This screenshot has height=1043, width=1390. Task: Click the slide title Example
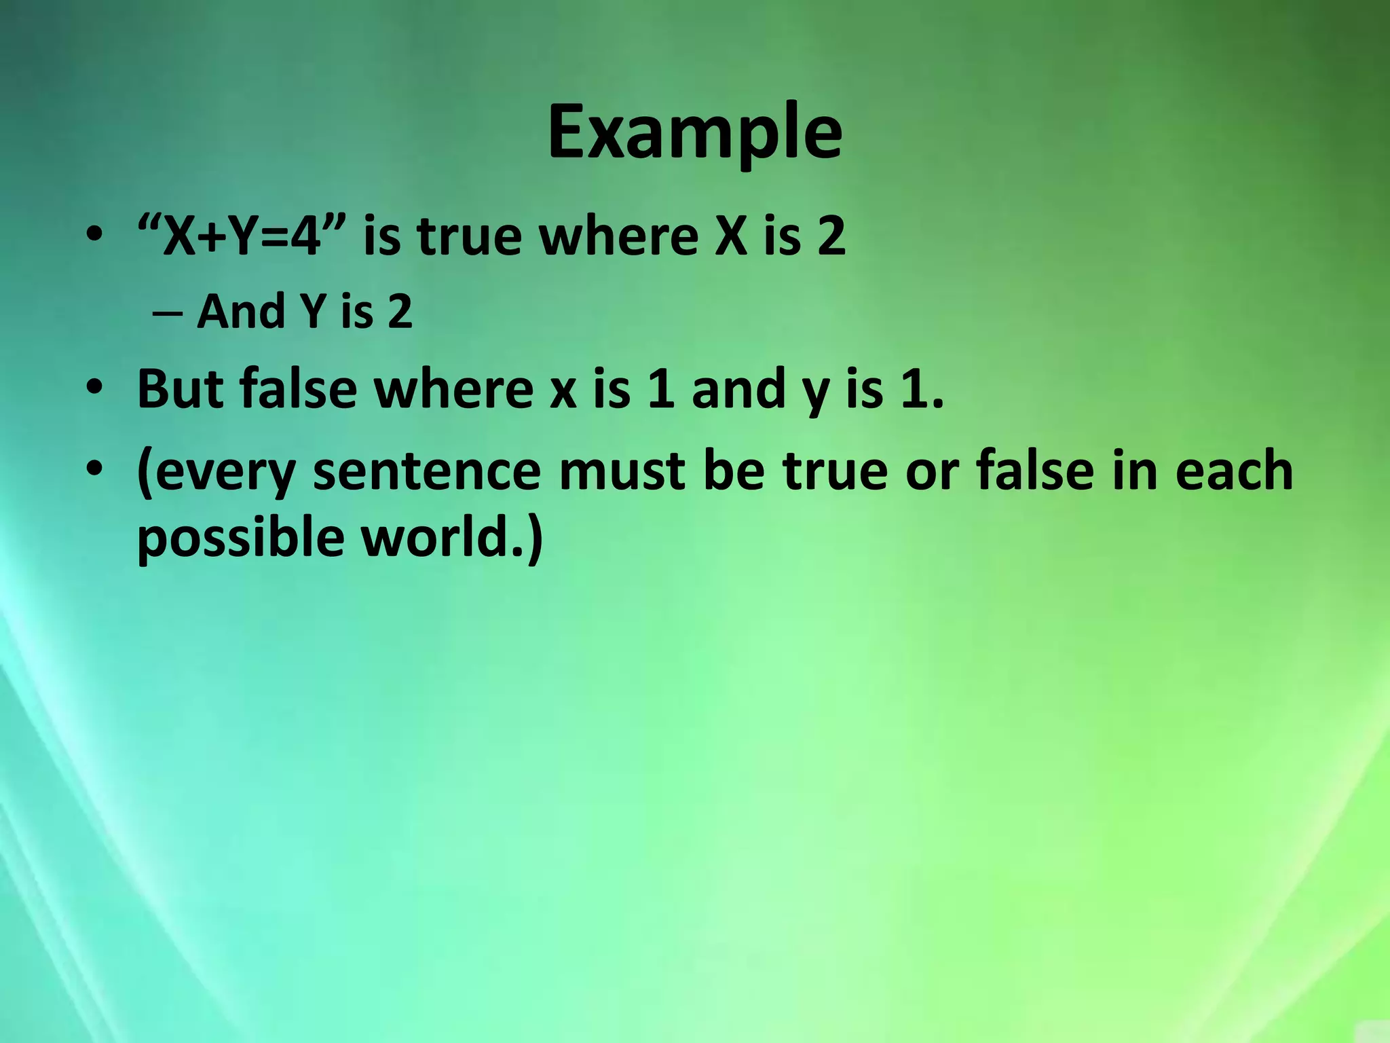pyautogui.click(x=694, y=133)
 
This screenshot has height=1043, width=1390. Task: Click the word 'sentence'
pyautogui.click(x=426, y=471)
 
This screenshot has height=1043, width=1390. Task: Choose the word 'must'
pyautogui.click(x=621, y=471)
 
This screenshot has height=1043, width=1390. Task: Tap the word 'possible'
pyautogui.click(x=241, y=538)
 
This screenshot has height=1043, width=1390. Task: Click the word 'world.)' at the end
pyautogui.click(x=452, y=536)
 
